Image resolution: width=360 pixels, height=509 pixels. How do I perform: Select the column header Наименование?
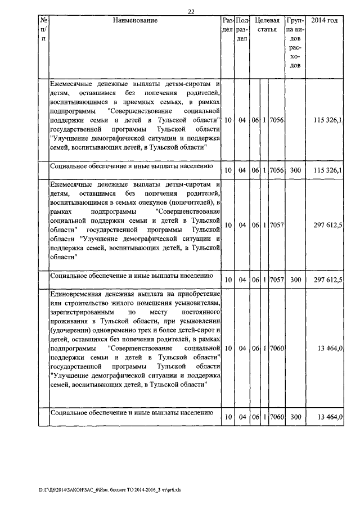point(135,21)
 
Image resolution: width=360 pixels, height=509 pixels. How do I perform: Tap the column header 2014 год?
point(324,21)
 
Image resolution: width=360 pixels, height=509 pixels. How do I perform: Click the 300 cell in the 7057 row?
point(295,280)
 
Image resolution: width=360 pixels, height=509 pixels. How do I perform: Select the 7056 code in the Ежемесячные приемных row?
point(277,120)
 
